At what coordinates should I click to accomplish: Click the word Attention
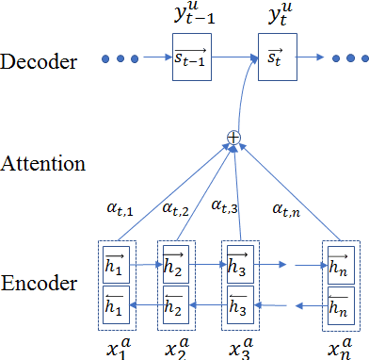[x=43, y=163]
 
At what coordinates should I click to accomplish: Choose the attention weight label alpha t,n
[x=289, y=208]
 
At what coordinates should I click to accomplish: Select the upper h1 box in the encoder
[x=114, y=265]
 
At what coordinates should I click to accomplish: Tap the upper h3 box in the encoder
[x=238, y=265]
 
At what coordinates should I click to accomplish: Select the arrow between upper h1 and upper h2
[x=144, y=266]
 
